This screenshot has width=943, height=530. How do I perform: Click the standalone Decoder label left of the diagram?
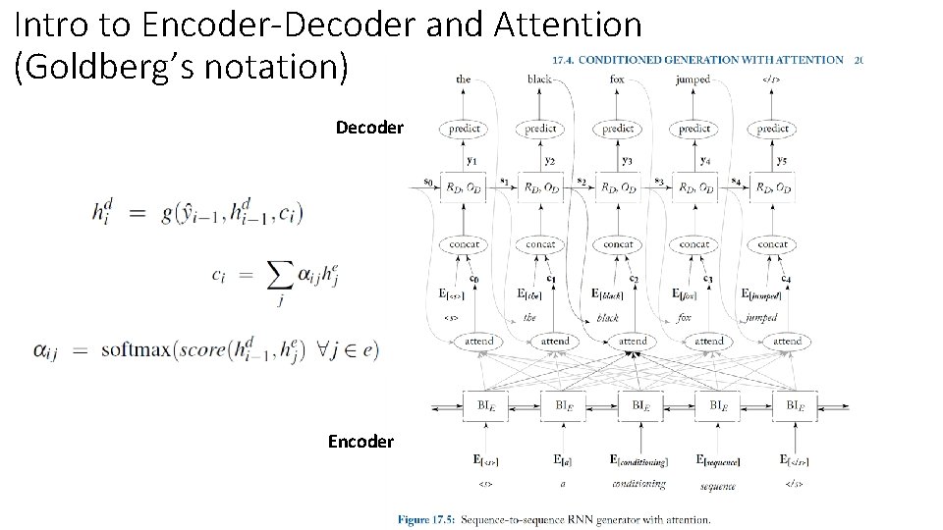pyautogui.click(x=369, y=128)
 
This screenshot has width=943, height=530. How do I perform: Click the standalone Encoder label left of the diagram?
pyautogui.click(x=361, y=442)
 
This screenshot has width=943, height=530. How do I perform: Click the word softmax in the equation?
pyautogui.click(x=138, y=350)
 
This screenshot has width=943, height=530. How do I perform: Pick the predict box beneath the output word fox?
pyautogui.click(x=617, y=129)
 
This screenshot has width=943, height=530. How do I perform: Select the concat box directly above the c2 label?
pyautogui.click(x=618, y=243)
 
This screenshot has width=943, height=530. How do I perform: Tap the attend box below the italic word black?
pyautogui.click(x=632, y=341)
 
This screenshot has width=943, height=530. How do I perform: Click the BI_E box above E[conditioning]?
pyautogui.click(x=639, y=404)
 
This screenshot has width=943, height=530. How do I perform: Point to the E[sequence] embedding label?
pyautogui.click(x=718, y=459)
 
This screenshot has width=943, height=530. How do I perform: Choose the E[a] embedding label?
pyautogui.click(x=563, y=459)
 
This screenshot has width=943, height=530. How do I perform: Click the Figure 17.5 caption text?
pyautogui.click(x=553, y=519)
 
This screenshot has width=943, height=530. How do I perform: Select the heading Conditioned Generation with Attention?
pyautogui.click(x=697, y=59)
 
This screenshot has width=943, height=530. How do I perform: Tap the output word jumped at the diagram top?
pyautogui.click(x=693, y=79)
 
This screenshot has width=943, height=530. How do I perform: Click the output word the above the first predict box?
pyautogui.click(x=464, y=79)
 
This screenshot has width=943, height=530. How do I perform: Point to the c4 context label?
pyautogui.click(x=786, y=279)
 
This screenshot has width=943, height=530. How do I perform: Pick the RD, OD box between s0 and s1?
pyautogui.click(x=464, y=186)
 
